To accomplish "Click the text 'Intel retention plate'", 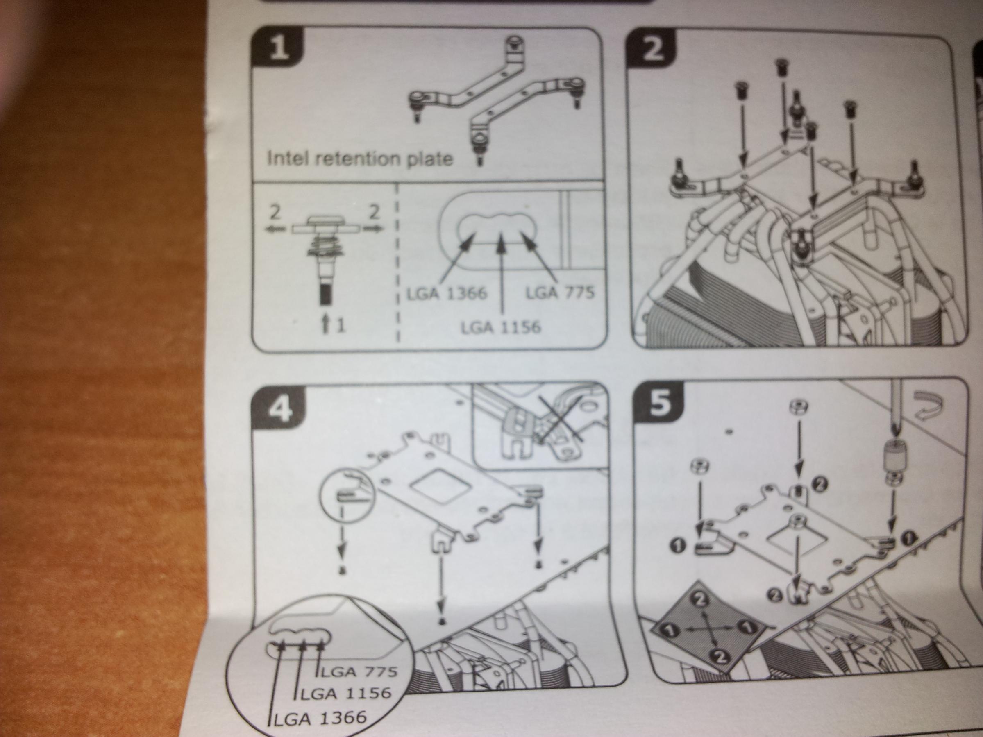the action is coord(359,158).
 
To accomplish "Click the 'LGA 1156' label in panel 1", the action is coord(501,328).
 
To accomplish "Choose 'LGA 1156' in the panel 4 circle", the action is coord(346,693).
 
